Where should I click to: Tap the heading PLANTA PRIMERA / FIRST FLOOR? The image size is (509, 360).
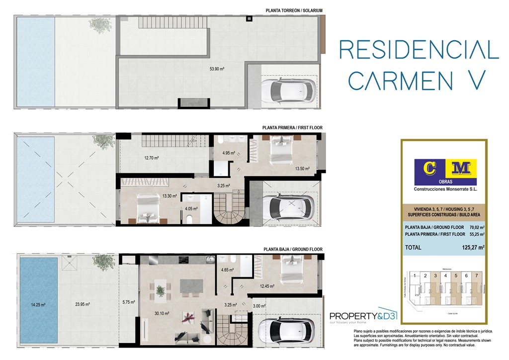coord(292,128)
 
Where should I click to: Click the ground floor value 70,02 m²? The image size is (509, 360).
coord(475,227)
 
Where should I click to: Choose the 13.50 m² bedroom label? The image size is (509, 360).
coord(302,169)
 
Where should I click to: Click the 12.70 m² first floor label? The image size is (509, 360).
coord(152,158)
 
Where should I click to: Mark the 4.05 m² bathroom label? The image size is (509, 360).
coord(191,209)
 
